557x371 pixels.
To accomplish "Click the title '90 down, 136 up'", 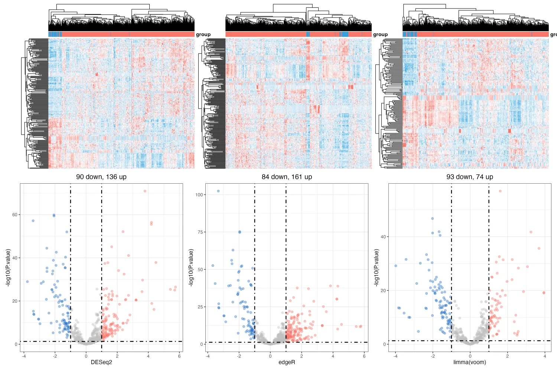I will (x=101, y=177).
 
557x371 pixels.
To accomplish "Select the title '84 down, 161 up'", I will (x=287, y=177).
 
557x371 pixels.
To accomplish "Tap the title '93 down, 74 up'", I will (x=470, y=177).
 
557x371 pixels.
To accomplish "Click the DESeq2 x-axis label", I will (x=101, y=362).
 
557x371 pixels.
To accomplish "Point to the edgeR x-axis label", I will (x=287, y=362).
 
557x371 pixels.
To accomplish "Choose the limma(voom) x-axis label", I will (x=470, y=362).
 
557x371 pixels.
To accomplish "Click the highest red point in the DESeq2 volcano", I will (x=145, y=191).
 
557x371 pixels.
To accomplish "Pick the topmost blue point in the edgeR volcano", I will (x=218, y=191).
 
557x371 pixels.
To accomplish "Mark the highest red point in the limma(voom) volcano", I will (x=500, y=191).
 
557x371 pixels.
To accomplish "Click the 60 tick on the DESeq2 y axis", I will (x=15, y=215).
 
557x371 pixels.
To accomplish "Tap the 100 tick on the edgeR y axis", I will (x=199, y=195).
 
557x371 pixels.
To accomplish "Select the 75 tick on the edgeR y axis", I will (x=200, y=232).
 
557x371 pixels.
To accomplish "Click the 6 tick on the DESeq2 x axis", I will (x=179, y=356).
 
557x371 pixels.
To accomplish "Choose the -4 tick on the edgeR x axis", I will (x=208, y=356).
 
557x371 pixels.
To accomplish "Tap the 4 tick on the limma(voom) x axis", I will (x=545, y=356).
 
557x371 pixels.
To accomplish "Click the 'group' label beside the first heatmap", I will (x=203, y=35).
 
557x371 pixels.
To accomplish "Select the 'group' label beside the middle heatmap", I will (x=380, y=35).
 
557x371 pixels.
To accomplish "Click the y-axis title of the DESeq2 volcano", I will (x=8, y=267).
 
